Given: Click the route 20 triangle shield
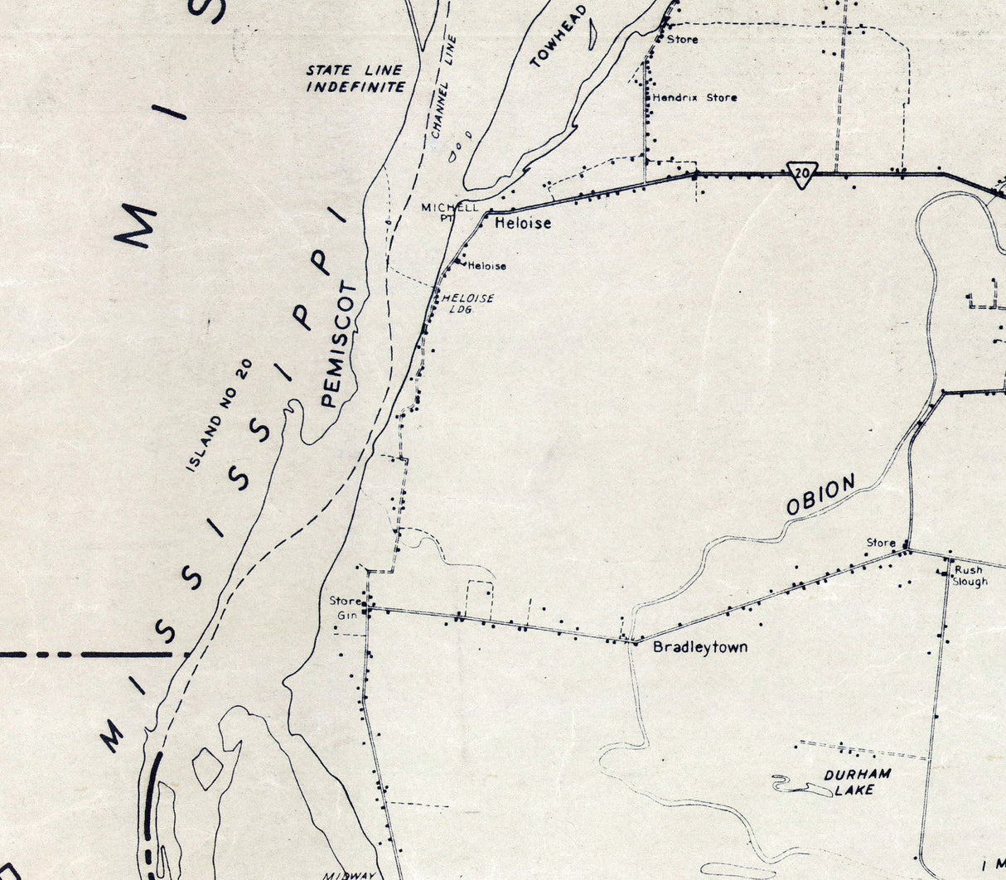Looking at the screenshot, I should point(800,174).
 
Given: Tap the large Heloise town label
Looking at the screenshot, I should point(522,223).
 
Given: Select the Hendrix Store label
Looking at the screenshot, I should point(694,98).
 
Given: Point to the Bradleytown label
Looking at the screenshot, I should point(700,646).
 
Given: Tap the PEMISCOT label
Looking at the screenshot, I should point(340,345).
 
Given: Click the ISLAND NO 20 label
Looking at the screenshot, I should point(218,415).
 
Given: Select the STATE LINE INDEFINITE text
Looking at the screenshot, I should point(355,79).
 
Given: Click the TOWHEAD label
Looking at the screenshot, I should point(558,36).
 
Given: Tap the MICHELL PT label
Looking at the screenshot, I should point(449,212).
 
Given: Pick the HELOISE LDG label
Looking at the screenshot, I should point(467,303).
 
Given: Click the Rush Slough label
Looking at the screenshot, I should point(970,576).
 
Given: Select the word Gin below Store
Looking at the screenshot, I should point(346,615).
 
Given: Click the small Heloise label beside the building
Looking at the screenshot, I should point(486,266).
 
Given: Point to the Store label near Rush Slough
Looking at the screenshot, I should point(881,543).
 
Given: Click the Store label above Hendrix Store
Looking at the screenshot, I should point(682,39).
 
